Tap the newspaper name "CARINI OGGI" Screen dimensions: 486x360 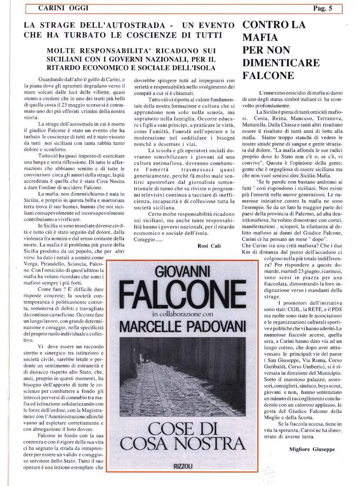(x=57, y=8)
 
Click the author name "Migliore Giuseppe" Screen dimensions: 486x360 (x=312, y=449)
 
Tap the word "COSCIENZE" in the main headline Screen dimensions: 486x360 (x=155, y=35)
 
